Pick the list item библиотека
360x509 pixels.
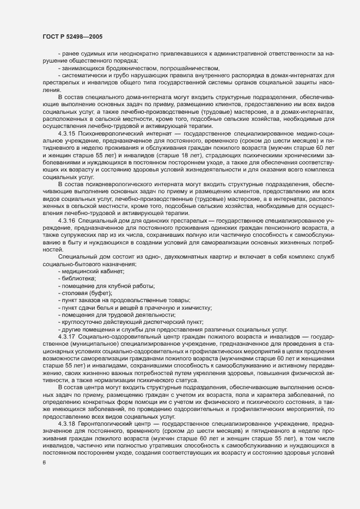(x=80, y=279)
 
